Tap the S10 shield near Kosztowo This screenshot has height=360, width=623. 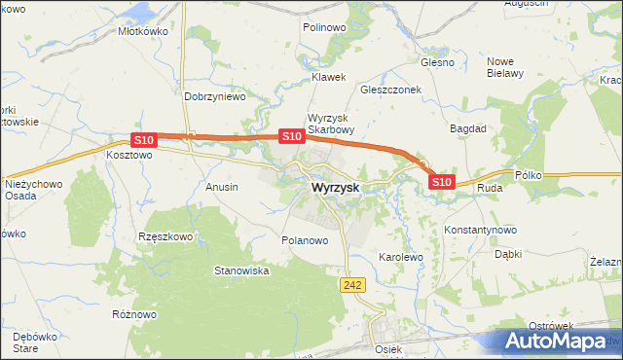(143, 140)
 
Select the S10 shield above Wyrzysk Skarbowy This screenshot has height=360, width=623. (291, 137)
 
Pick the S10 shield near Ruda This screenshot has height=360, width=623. (441, 181)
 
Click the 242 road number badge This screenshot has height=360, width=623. (352, 283)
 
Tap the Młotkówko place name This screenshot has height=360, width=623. (143, 31)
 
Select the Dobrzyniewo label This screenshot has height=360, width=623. (215, 97)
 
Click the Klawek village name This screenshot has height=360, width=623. (328, 77)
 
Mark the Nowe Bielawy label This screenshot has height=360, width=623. (505, 66)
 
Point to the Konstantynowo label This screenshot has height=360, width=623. (480, 230)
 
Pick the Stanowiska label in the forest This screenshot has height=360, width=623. (241, 270)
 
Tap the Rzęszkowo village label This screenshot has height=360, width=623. (166, 235)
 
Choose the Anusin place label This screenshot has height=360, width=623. (222, 186)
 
